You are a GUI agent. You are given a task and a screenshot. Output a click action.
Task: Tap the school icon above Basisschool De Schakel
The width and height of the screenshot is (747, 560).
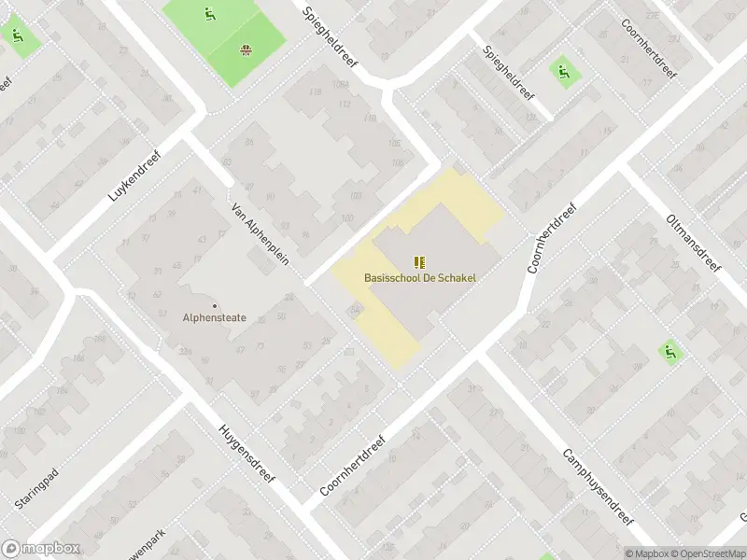pyautogui.click(x=418, y=262)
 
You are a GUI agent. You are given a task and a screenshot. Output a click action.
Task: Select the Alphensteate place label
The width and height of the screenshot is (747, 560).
pyautogui.click(x=215, y=317)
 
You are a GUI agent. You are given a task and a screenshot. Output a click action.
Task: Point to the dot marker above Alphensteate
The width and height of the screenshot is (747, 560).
pyautogui.click(x=215, y=305)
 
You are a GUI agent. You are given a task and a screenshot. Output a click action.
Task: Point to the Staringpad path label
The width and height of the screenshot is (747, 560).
pyautogui.click(x=36, y=483)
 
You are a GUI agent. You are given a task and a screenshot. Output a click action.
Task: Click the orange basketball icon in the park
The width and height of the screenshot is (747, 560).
pyautogui.click(x=246, y=51)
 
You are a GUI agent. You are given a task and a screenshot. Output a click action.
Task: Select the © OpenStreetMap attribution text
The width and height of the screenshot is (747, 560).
pyautogui.click(x=708, y=553)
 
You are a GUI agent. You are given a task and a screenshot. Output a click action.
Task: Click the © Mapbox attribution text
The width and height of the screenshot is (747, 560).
pyautogui.click(x=646, y=553)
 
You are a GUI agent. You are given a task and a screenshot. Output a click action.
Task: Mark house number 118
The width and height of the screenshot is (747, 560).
pyautogui.click(x=314, y=91)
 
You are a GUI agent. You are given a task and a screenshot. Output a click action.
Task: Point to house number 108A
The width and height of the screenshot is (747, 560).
pyautogui.click(x=340, y=85)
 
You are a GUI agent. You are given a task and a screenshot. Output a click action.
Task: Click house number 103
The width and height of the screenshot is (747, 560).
pyautogui.click(x=355, y=195)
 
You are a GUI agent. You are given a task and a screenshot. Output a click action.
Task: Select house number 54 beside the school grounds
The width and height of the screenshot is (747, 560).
pyautogui.click(x=355, y=310)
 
